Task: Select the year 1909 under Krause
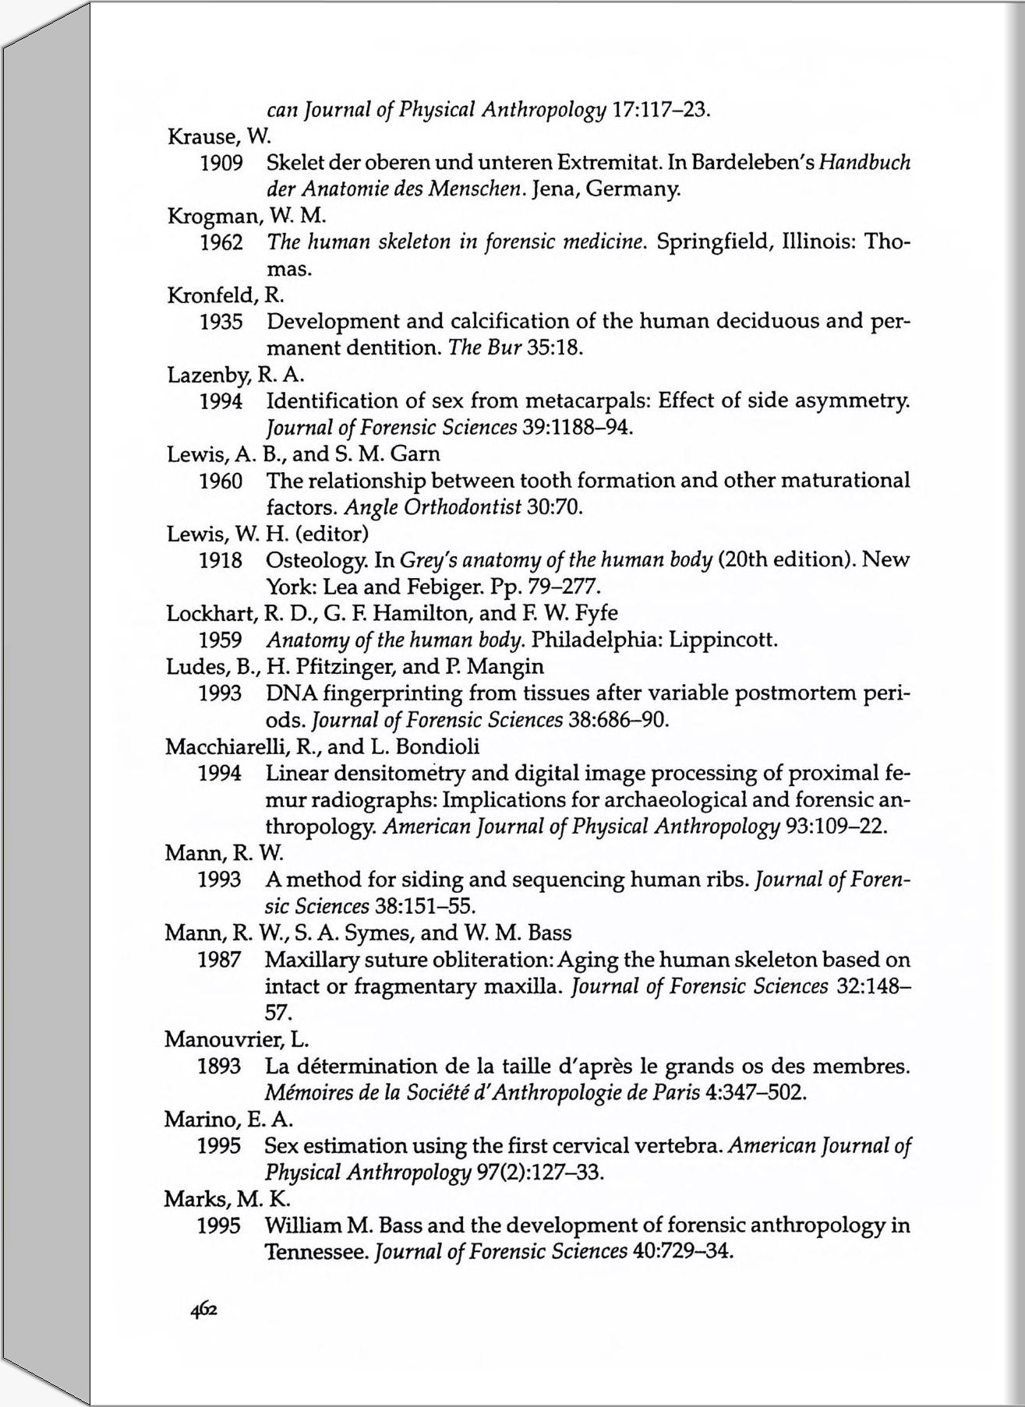pyautogui.click(x=221, y=163)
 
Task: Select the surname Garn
pyautogui.click(x=415, y=454)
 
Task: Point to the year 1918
pyautogui.click(x=220, y=560)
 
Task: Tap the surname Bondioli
pyautogui.click(x=437, y=747)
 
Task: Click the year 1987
pyautogui.click(x=219, y=960)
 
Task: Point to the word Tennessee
pyautogui.click(x=316, y=1253)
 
